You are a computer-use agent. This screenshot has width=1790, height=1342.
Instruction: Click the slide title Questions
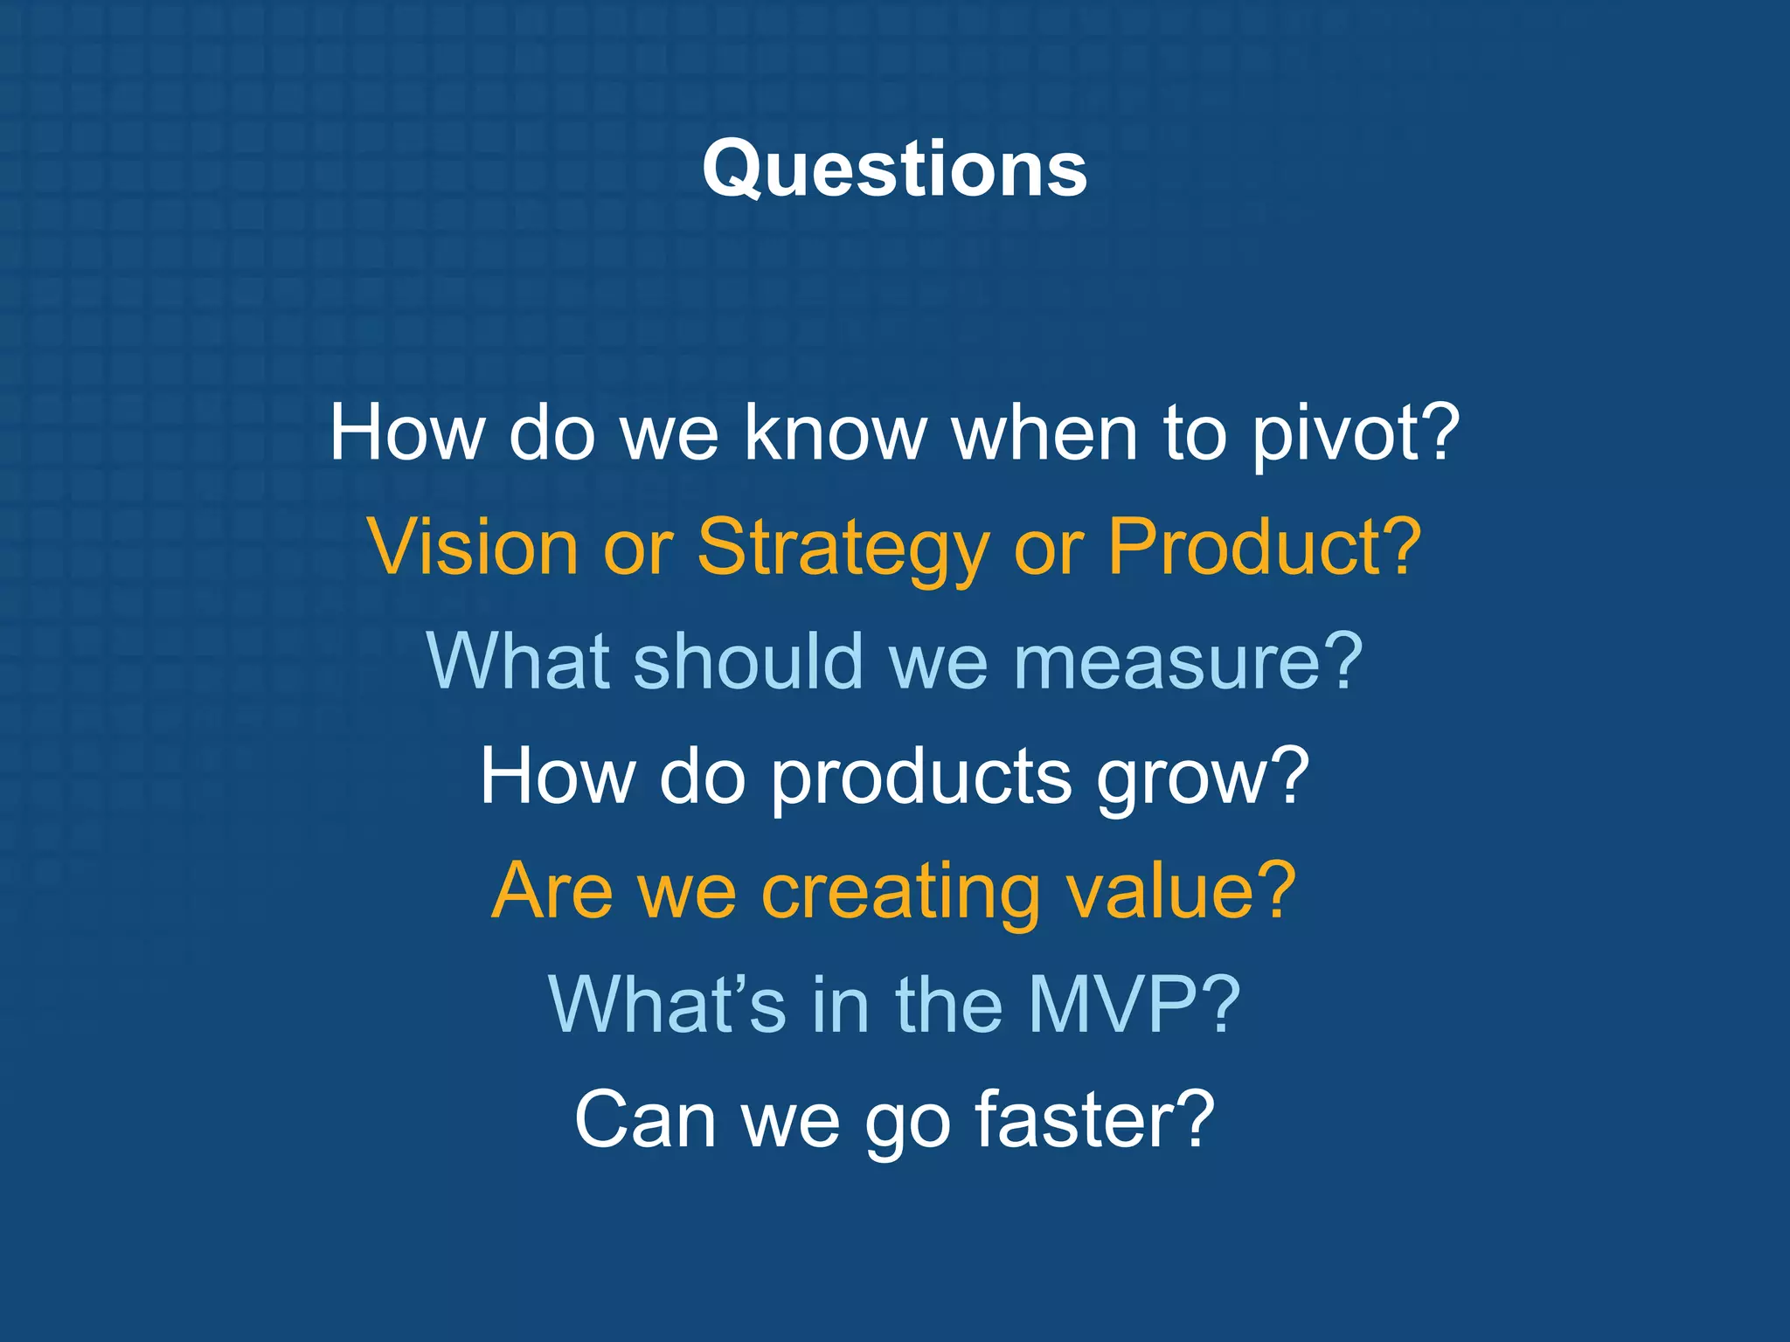[x=894, y=170]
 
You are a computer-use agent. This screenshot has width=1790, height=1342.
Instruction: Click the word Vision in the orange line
[x=473, y=548]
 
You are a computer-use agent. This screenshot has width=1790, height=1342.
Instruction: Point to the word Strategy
[x=843, y=548]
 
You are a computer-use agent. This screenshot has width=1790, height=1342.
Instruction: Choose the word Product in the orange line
[x=1245, y=548]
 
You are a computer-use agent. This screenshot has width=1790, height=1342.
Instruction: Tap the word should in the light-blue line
[x=748, y=662]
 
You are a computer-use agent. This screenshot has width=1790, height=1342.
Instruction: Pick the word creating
[x=899, y=892]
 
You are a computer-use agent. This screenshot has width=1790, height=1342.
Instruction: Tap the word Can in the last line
[x=645, y=1121]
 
